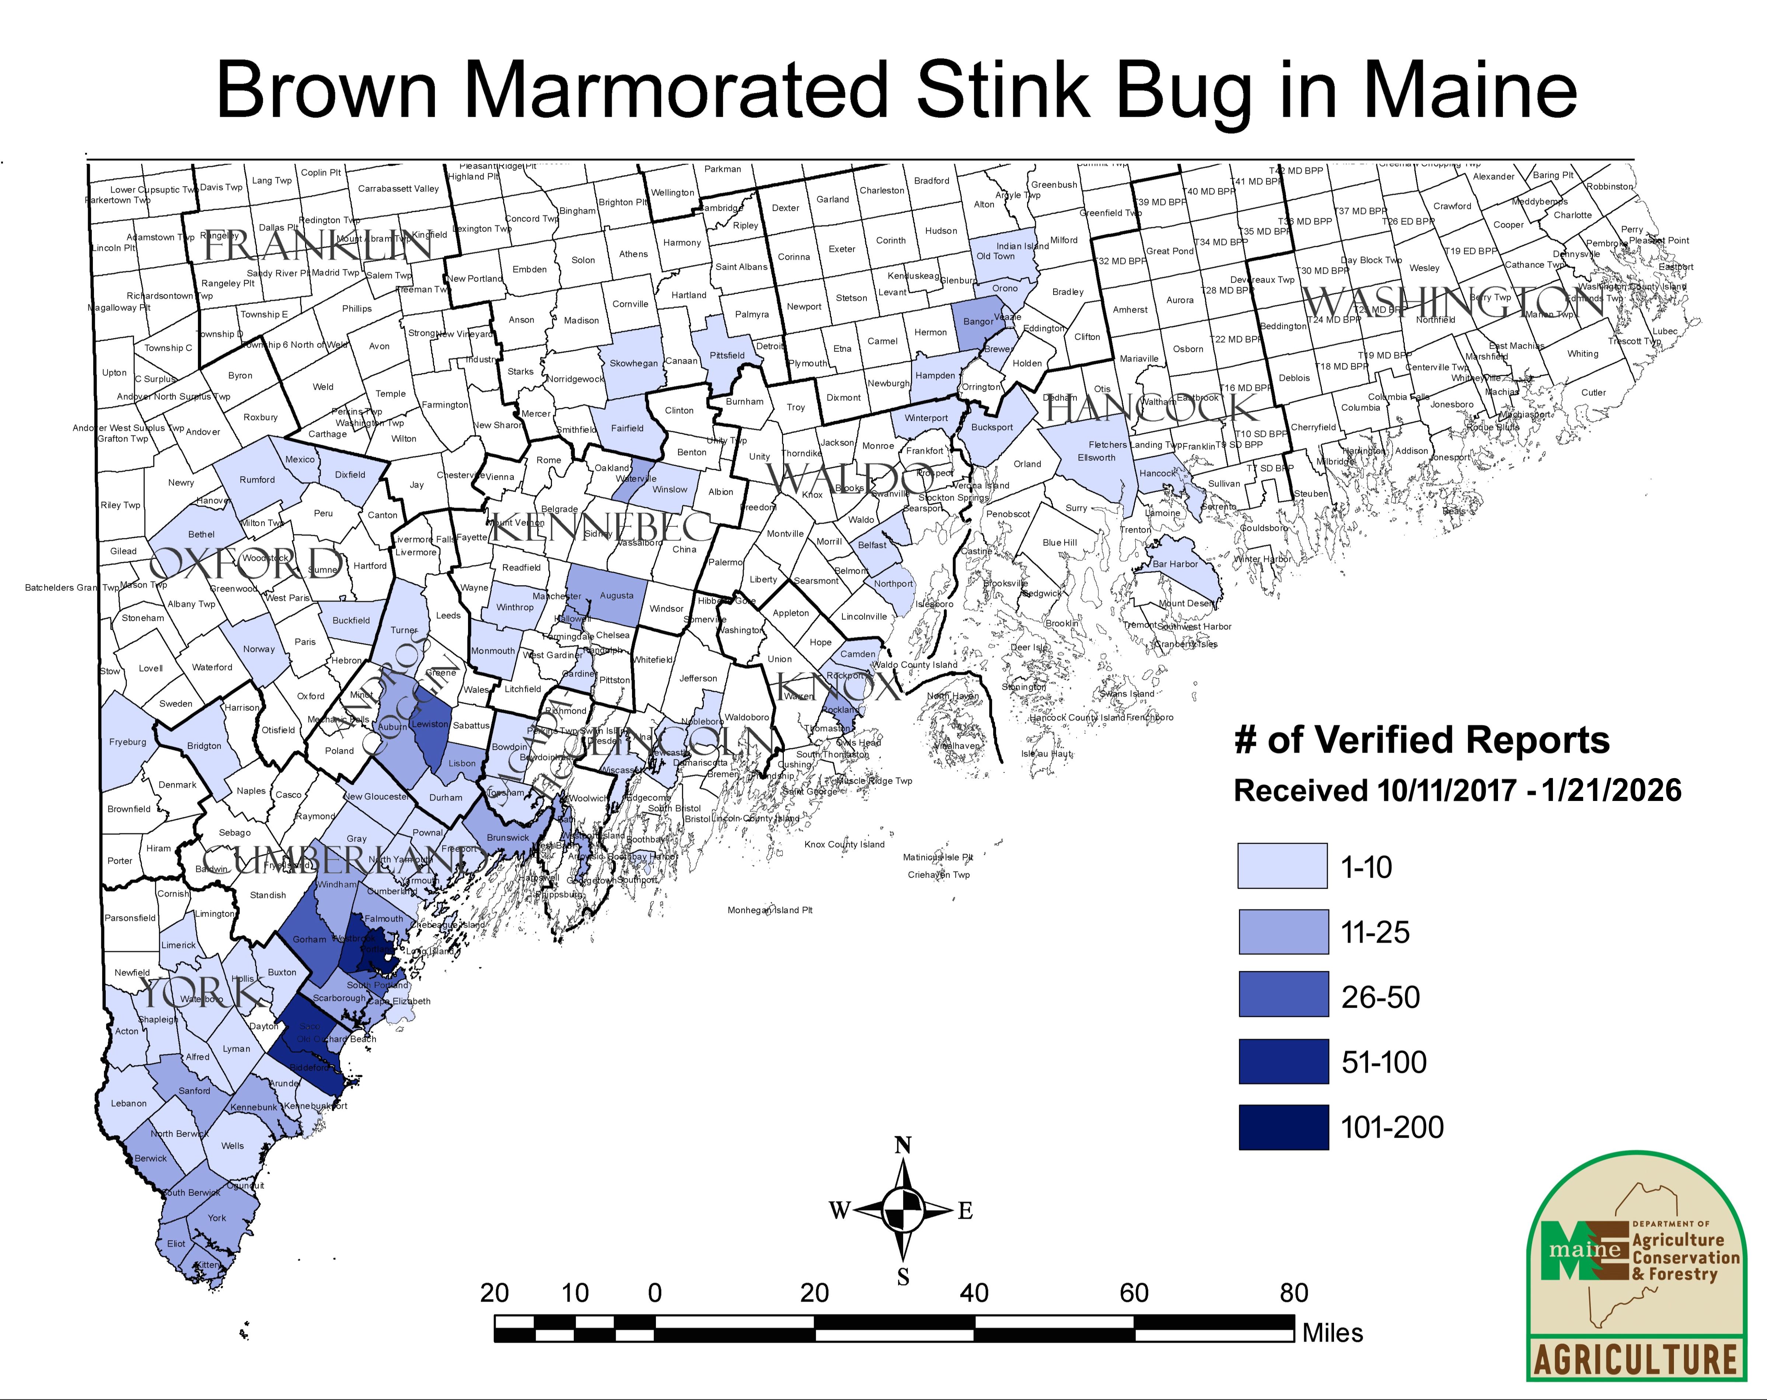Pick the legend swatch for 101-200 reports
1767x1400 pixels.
[x=1283, y=1127]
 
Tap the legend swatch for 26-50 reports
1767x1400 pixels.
[x=1283, y=996]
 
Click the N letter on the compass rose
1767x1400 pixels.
[x=902, y=1145]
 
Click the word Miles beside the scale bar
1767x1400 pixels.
[x=1333, y=1333]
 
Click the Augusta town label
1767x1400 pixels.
[x=616, y=596]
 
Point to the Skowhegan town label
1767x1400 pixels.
[x=633, y=363]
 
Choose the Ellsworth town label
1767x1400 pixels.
[x=1097, y=457]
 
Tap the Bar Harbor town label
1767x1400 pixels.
[x=1175, y=564]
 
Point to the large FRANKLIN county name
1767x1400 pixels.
[x=317, y=244]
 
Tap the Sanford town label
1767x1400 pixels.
[x=194, y=1091]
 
